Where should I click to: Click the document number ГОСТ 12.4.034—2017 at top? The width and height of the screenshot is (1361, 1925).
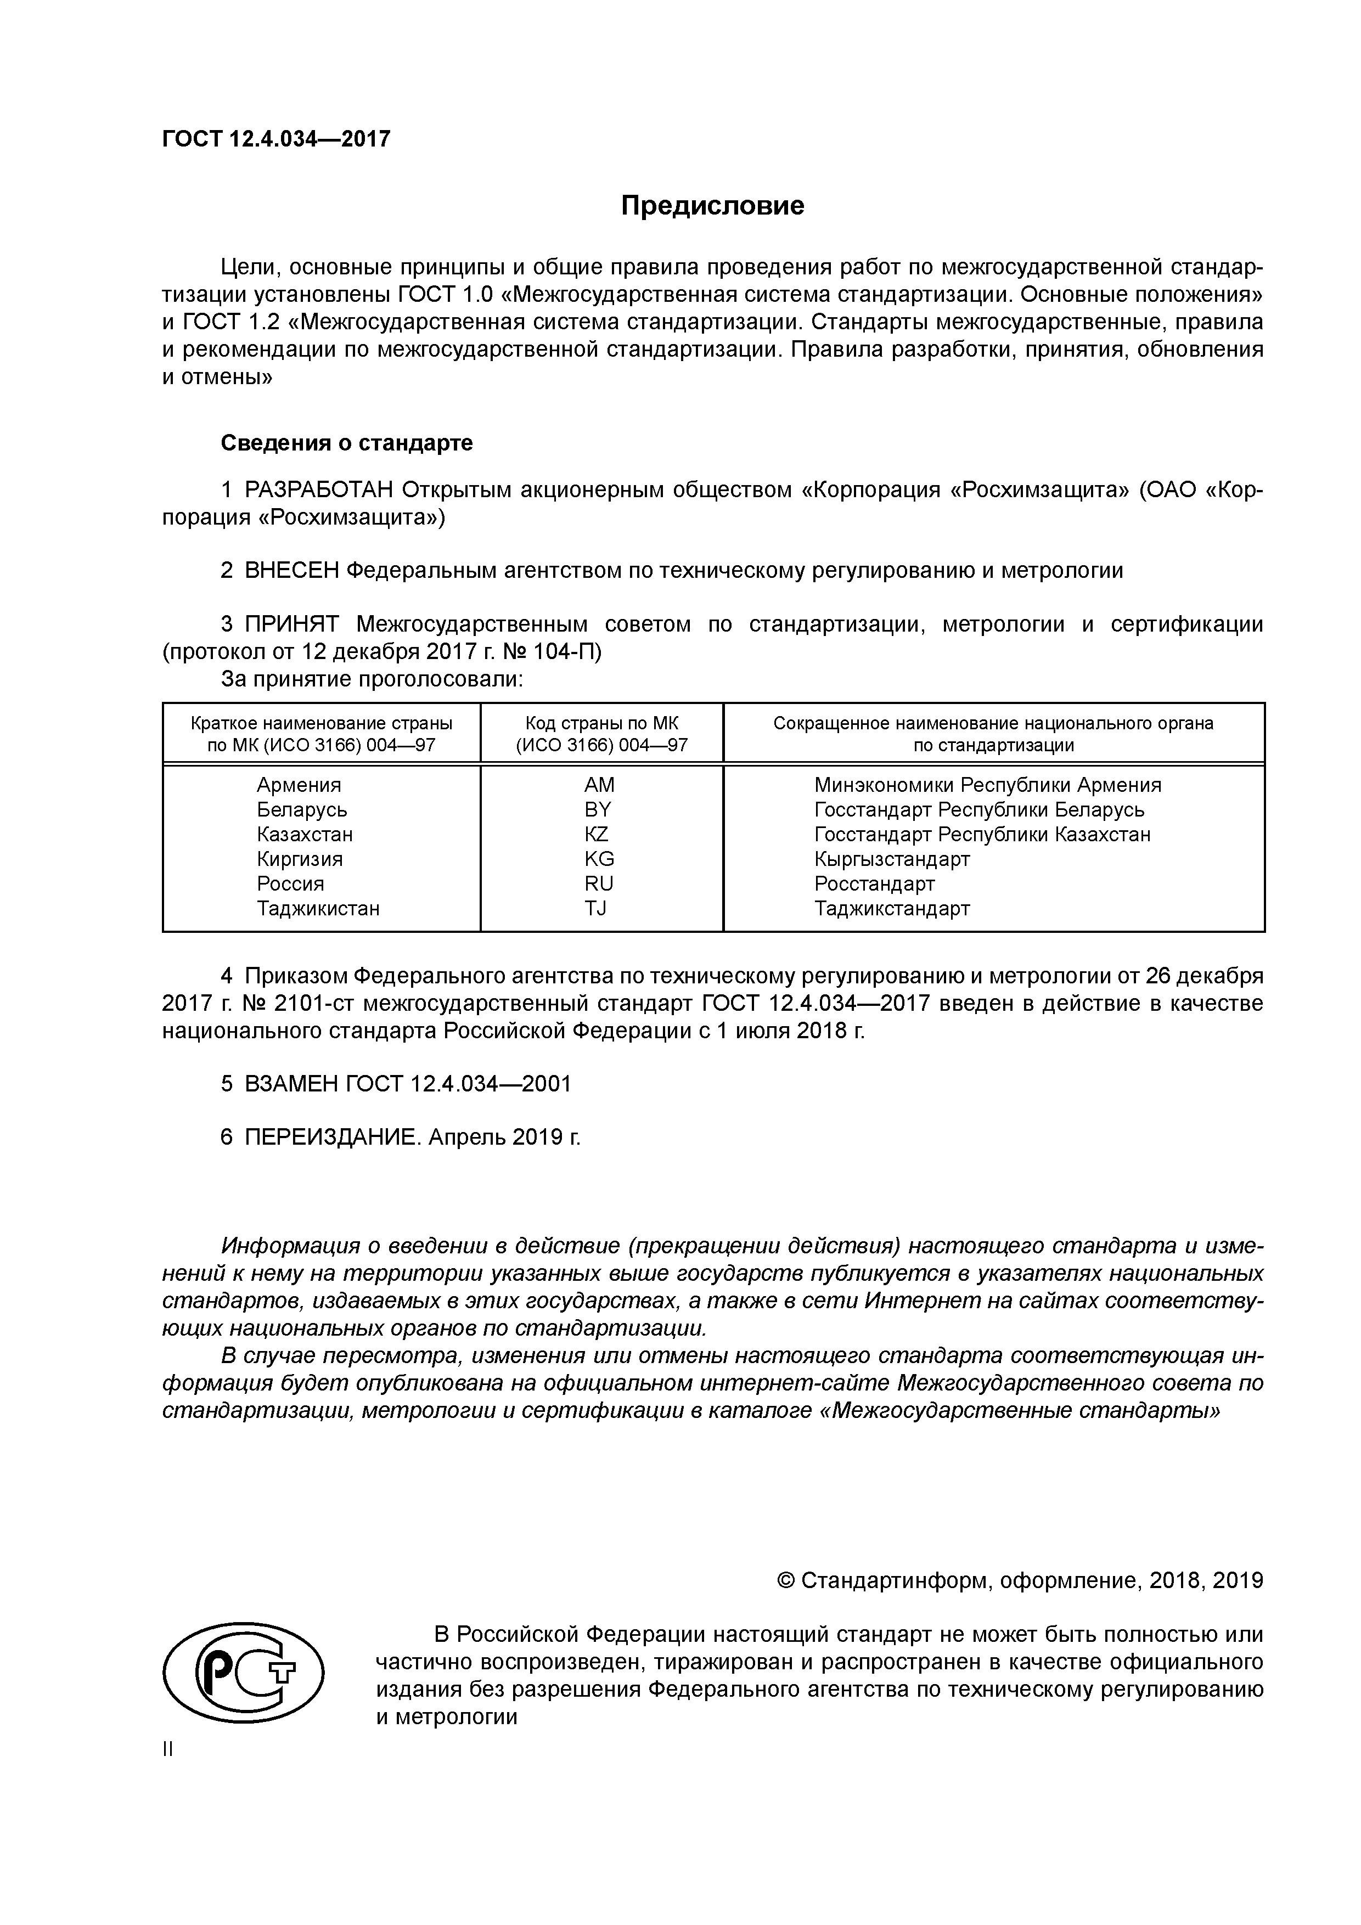tap(277, 139)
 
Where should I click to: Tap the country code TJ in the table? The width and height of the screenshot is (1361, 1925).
tap(596, 908)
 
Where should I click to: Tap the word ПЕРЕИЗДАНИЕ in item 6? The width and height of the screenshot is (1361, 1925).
tap(332, 1138)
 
